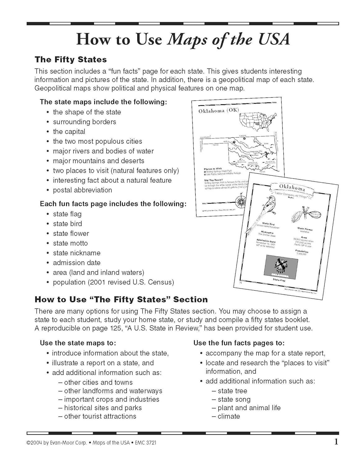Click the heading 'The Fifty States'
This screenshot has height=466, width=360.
tap(71, 59)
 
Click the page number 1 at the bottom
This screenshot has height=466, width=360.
tap(336, 441)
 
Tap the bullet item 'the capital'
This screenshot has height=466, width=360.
tap(69, 132)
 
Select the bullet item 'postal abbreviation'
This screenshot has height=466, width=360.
tap(82, 190)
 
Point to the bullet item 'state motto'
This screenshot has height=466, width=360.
tap(70, 243)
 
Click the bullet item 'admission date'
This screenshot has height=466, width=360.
tap(76, 263)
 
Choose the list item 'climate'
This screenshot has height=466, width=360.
tap(229, 416)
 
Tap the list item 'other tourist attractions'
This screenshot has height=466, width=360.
tap(100, 416)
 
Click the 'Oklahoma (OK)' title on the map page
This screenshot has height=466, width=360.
tap(219, 111)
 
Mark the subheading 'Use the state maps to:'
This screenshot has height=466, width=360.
tap(78, 343)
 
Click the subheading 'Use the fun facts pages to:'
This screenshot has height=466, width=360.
tap(239, 343)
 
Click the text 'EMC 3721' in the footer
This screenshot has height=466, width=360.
tap(145, 443)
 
